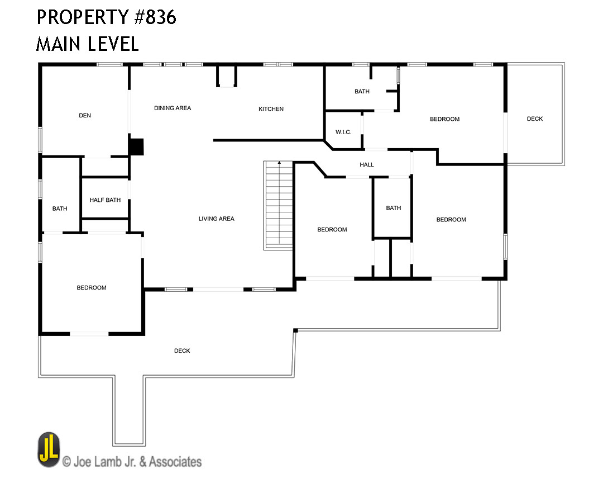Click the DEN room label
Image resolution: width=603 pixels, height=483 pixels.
coord(85,115)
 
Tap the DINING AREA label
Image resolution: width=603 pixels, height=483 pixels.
coord(173,108)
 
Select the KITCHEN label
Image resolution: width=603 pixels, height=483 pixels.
coord(271,109)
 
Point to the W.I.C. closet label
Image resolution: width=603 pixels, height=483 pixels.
coord(343,132)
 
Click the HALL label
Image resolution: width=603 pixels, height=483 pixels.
coord(366,164)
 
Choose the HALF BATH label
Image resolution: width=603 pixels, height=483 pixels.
coord(105,200)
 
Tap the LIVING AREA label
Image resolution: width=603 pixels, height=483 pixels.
coord(216,219)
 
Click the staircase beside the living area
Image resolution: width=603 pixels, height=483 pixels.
coord(278,206)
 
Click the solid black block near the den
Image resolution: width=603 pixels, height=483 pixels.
coord(136,147)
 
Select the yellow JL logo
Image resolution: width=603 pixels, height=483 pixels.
coord(49,450)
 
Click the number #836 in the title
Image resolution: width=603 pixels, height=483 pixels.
coord(155,17)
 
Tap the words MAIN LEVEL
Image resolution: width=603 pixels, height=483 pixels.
coord(87,44)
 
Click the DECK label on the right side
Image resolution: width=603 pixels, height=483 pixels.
coord(534,119)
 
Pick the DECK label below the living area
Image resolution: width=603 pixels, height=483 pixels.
coord(182,351)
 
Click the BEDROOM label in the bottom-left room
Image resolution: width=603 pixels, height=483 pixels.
coord(92,288)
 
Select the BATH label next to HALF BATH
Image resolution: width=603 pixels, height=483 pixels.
coord(60,209)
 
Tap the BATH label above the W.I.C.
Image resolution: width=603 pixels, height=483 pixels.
coord(362,91)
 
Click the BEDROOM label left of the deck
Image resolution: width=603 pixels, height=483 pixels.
coord(444,119)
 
